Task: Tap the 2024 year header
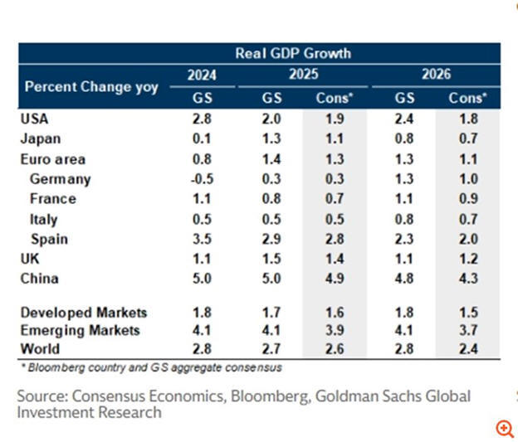[202, 75]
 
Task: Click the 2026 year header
[435, 75]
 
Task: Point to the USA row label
[34, 119]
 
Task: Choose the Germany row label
[61, 178]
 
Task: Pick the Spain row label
[49, 239]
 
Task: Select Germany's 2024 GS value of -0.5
[201, 178]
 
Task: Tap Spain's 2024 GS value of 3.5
[202, 239]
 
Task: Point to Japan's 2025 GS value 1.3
[271, 138]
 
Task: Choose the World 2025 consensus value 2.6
[335, 349]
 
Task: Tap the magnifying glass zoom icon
[505, 428]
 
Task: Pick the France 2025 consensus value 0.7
[335, 199]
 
